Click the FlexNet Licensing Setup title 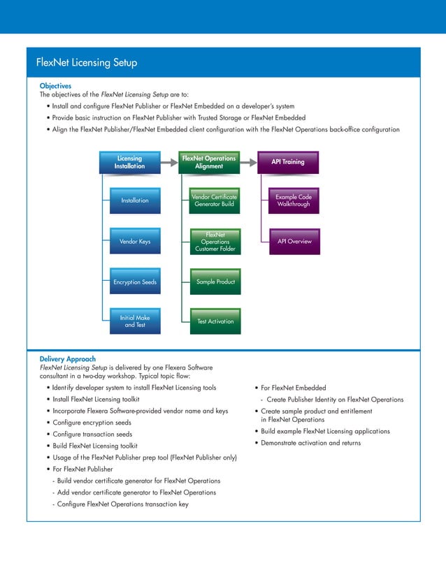pos(87,63)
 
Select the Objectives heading pos(55,85)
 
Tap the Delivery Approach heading pos(68,359)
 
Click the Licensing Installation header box pos(129,162)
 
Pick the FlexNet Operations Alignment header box pos(209,162)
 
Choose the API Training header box pos(288,162)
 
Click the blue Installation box pos(135,200)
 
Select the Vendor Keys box pos(135,242)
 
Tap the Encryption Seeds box pos(135,282)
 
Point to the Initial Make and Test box pos(135,322)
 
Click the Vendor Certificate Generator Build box pos(214,200)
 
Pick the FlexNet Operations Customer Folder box pos(215,242)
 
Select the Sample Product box pos(215,282)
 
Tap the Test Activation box pos(215,321)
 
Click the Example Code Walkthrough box pos(294,200)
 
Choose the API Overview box pos(294,241)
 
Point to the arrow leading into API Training pos(248,162)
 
